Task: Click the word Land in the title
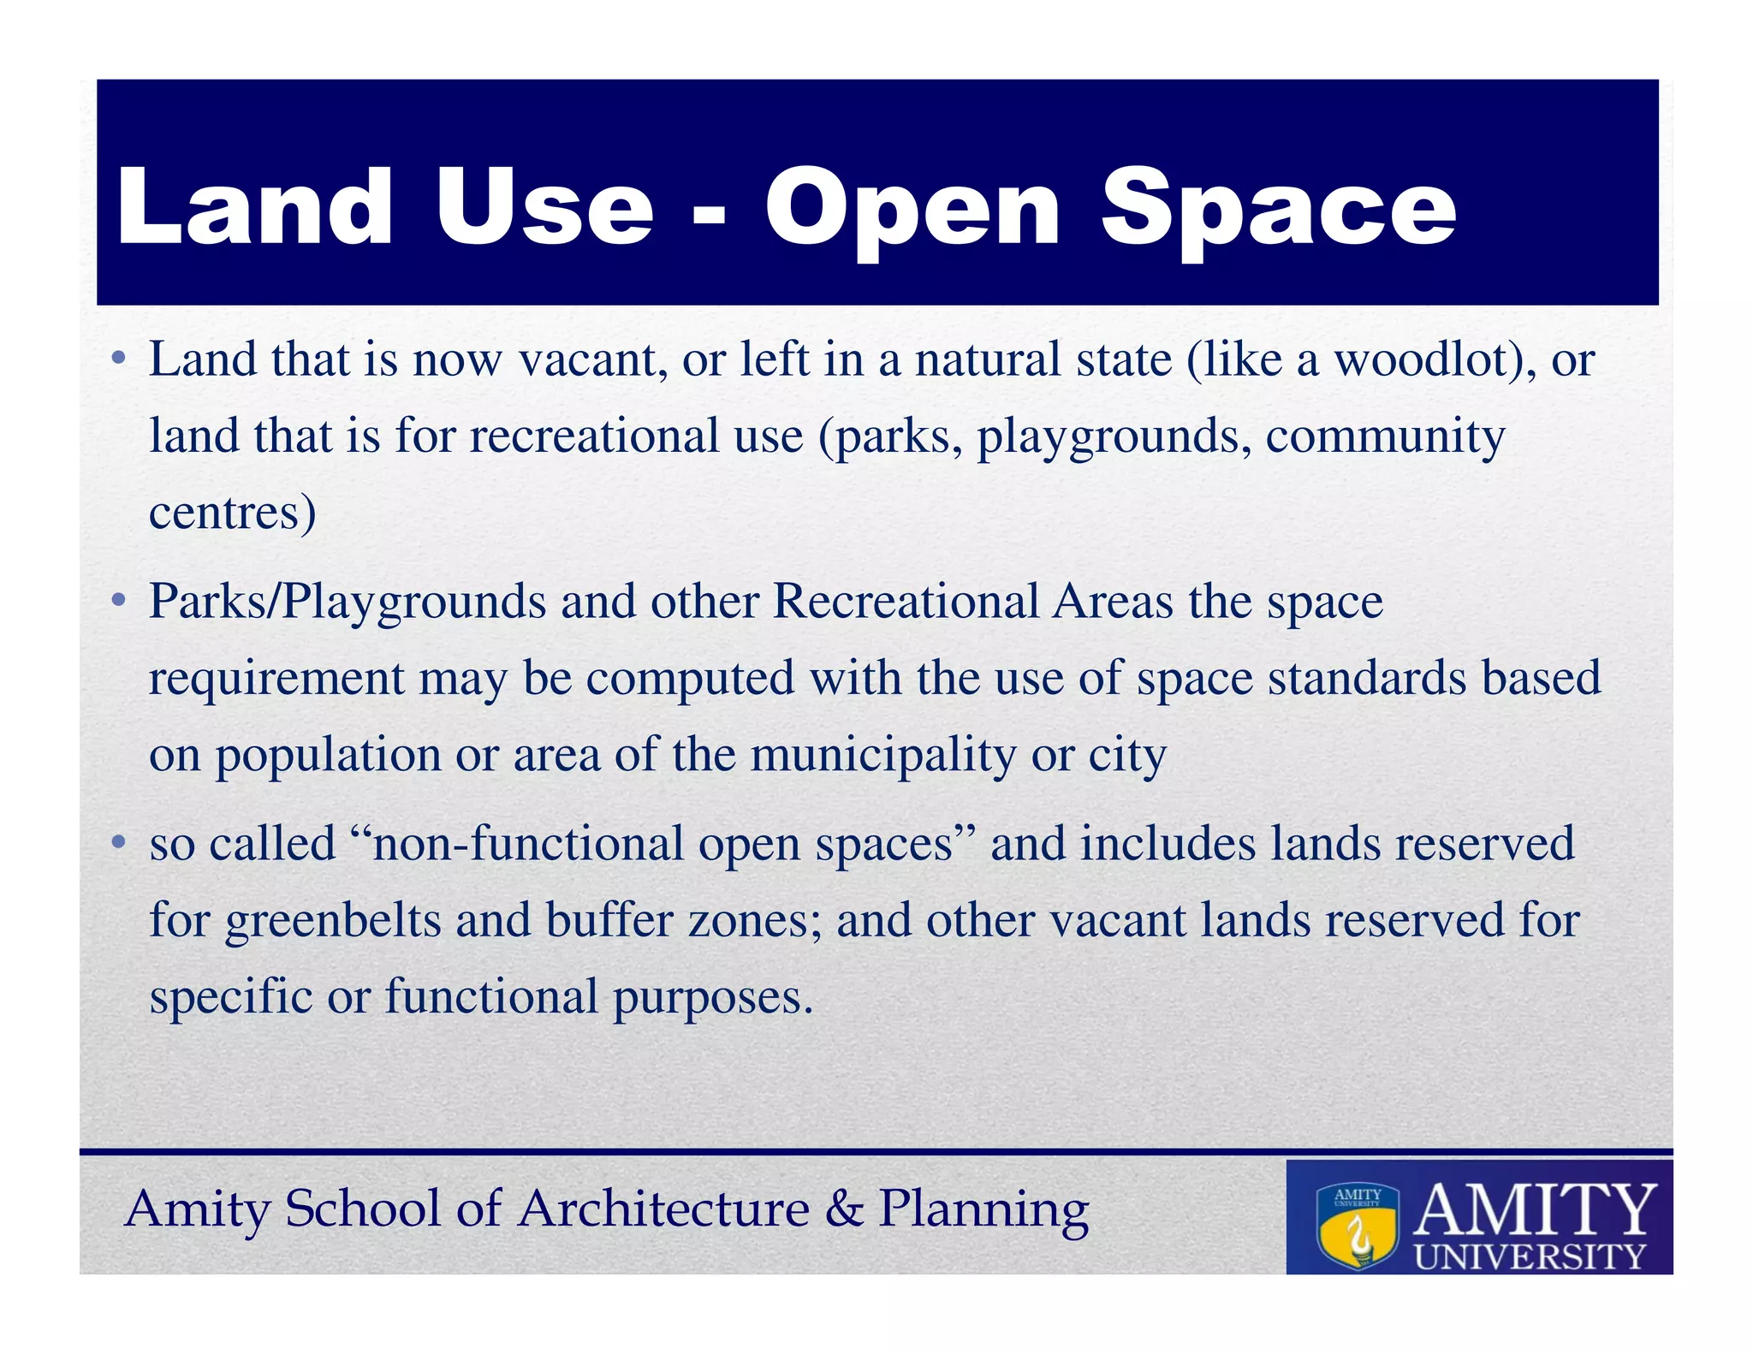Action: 254,207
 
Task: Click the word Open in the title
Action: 912,212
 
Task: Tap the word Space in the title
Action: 1278,212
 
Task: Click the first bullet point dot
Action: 119,357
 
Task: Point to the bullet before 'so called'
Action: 119,842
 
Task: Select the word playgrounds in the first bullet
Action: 1109,438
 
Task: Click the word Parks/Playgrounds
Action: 347,602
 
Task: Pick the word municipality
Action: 883,757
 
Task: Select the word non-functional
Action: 527,844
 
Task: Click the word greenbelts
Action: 333,922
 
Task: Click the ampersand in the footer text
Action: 844,1209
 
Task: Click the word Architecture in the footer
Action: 663,1209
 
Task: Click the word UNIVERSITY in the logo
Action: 1530,1256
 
